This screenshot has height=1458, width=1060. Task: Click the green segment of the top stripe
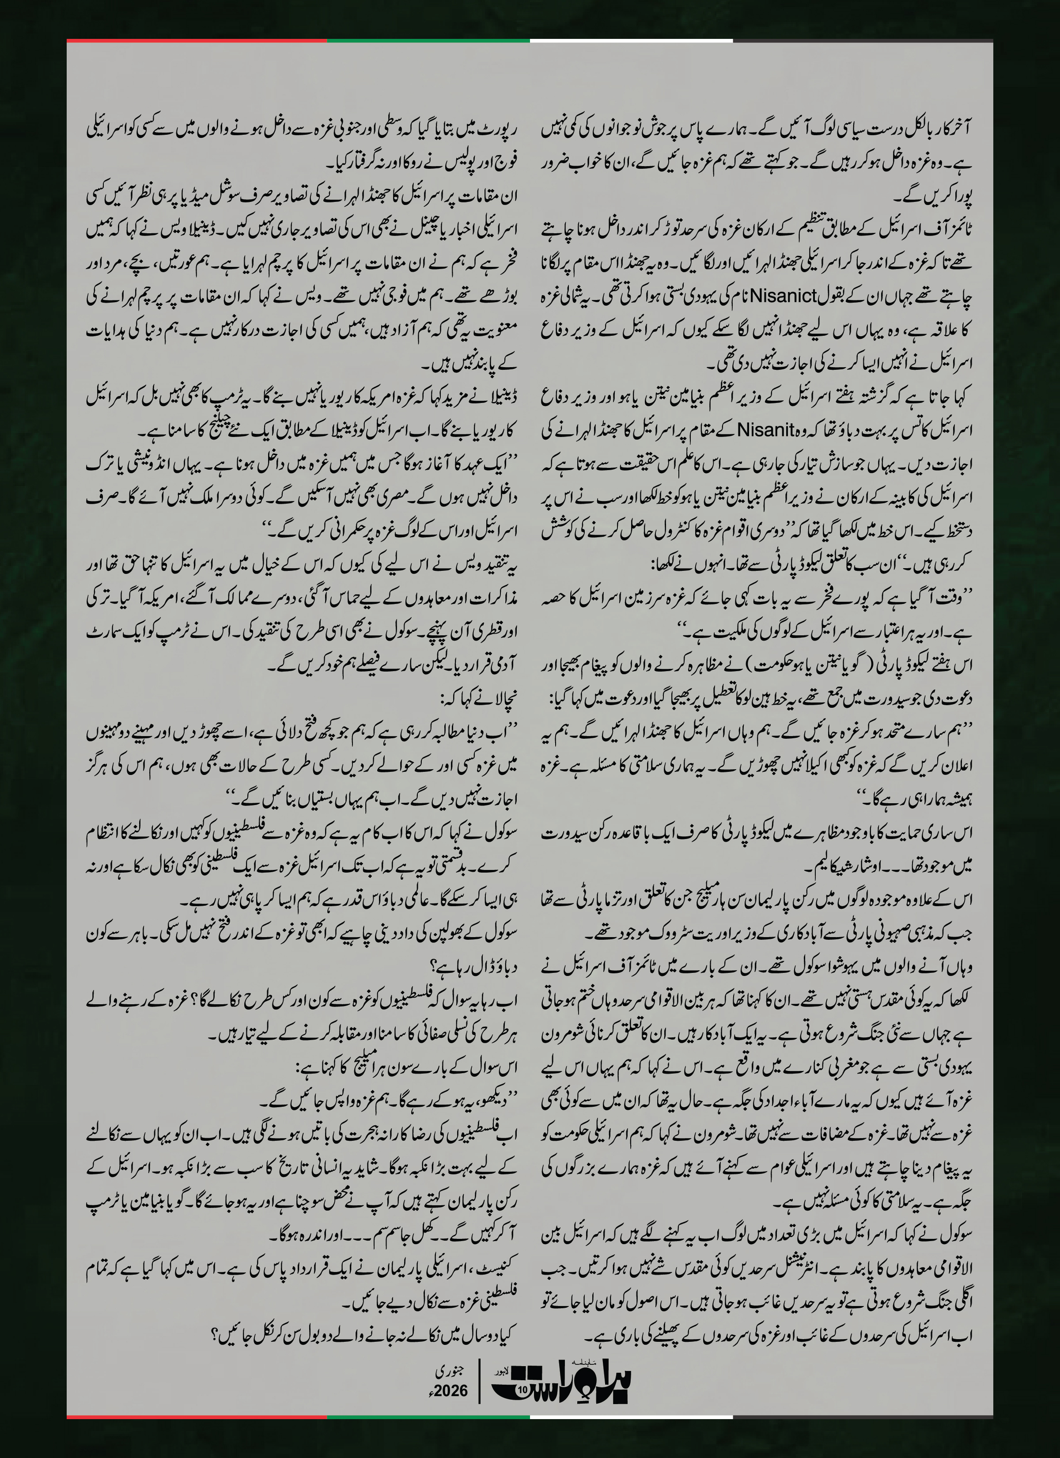point(428,41)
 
